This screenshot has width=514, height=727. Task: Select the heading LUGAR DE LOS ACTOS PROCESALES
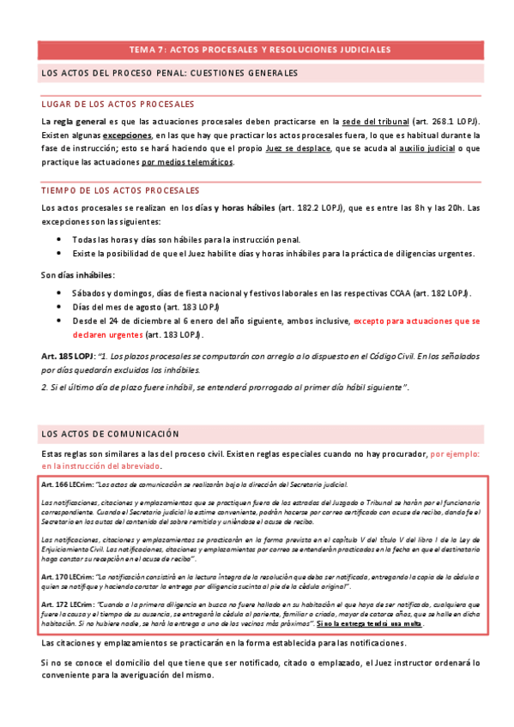point(118,103)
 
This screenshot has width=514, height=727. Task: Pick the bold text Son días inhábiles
point(77,274)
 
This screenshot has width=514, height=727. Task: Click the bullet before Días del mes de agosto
point(57,307)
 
